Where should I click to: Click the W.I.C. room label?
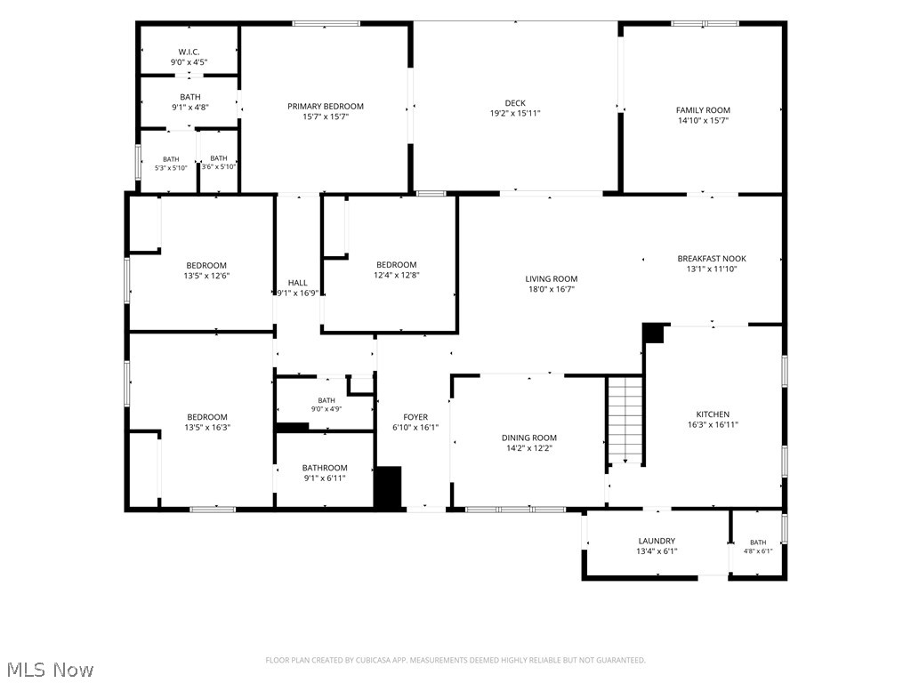pos(189,52)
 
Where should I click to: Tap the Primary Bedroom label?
pos(326,107)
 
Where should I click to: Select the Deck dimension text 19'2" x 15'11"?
pos(515,113)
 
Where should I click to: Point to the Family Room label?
pos(703,109)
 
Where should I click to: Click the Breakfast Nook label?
pos(712,259)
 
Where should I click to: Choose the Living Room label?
pos(552,278)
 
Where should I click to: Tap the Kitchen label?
pos(713,414)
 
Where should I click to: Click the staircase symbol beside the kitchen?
pos(625,420)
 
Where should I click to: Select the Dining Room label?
pos(529,438)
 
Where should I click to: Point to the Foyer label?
pos(415,417)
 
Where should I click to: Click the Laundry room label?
pos(657,541)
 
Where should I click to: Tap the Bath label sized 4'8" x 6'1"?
pos(758,542)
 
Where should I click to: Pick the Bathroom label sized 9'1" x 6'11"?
pos(325,468)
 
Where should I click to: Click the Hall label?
pos(297,283)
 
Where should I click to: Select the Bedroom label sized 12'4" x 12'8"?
pos(396,265)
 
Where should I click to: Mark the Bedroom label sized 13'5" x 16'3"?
pos(206,417)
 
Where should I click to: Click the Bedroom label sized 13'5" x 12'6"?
pos(206,265)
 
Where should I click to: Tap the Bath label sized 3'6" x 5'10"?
pos(219,158)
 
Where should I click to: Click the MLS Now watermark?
pos(50,670)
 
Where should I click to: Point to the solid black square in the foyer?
pos(388,486)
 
